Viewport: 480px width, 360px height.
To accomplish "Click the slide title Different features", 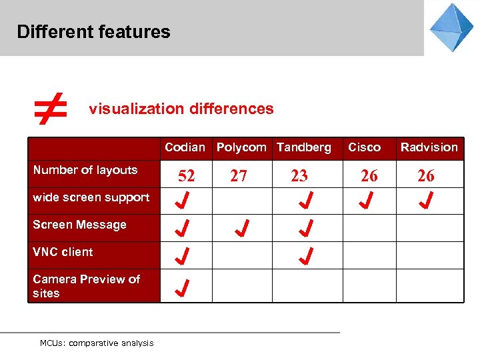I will coord(94,32).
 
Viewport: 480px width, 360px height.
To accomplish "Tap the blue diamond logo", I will coord(451,27).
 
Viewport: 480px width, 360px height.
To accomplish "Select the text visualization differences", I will coord(181,109).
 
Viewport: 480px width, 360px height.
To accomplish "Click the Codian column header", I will coord(185,147).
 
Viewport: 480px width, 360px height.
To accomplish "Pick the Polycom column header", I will coord(241,147).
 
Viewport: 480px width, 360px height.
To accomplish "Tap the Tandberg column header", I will coord(304,147).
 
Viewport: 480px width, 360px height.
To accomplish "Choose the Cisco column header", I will coord(364,147).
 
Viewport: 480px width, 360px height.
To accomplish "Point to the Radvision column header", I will coord(429,147).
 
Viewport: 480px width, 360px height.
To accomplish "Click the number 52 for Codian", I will coord(187,176).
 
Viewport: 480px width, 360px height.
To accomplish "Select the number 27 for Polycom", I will coord(239,176).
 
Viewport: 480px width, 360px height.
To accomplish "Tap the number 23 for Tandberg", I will coord(299,176).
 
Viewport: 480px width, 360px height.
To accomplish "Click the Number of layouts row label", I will coord(85,170).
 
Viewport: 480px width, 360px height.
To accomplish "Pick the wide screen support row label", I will coord(91,197).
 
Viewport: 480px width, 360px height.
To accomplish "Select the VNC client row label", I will coord(63,252).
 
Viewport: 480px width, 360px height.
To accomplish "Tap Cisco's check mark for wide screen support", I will coord(365,200).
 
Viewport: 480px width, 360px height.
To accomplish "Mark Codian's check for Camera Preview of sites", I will coord(183,287).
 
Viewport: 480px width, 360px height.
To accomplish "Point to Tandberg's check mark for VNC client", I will coord(306,255).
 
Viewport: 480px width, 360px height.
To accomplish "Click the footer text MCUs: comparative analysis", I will coord(97,343).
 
